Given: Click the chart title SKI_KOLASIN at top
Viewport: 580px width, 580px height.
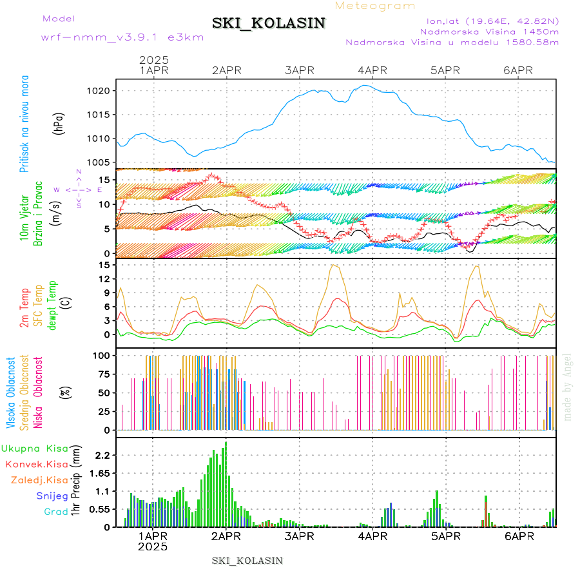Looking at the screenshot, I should point(269,23).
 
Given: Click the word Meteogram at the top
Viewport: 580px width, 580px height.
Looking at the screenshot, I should point(375,6).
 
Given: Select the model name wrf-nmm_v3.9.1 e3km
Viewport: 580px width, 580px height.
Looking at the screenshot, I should point(122,37).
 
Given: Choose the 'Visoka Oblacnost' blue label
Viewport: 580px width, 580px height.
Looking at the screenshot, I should point(10,393).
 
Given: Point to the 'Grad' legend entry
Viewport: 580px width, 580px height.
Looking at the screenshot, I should point(56,512).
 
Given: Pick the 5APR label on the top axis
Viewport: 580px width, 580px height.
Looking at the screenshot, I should point(445,70).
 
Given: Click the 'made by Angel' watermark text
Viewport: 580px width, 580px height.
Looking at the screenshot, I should point(568,387).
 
